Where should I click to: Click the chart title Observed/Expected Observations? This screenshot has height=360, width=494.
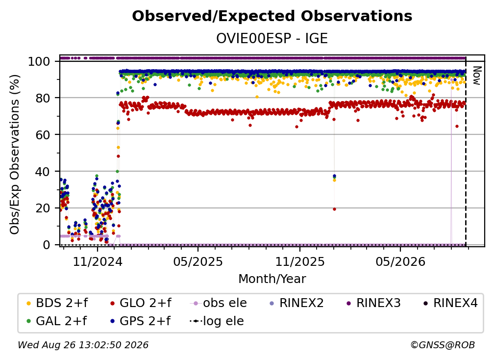click(x=272, y=16)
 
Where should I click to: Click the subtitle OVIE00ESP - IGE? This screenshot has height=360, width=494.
click(x=272, y=39)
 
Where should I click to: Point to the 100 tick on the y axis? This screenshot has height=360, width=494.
click(x=39, y=61)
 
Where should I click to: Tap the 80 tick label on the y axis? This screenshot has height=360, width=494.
click(x=43, y=98)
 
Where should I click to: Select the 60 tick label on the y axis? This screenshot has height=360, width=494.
click(x=43, y=134)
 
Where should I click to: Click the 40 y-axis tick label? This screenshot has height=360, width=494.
click(x=43, y=172)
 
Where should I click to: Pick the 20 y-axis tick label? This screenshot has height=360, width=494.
click(x=43, y=208)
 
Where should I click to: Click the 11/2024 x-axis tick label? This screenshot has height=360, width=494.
click(x=98, y=261)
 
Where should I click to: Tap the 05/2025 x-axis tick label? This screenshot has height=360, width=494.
click(x=198, y=261)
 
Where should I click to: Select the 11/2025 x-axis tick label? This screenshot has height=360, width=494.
click(x=300, y=261)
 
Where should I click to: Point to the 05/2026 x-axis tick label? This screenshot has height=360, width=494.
click(x=400, y=261)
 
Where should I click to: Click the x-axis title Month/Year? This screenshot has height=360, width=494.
click(x=272, y=279)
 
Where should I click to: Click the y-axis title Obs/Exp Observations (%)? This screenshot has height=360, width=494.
click(x=15, y=154)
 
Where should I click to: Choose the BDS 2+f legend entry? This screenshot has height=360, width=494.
click(x=57, y=303)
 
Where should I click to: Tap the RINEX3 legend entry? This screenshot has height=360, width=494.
click(x=374, y=303)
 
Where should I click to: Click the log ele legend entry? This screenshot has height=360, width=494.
click(x=217, y=321)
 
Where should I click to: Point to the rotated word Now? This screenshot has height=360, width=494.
click(x=477, y=76)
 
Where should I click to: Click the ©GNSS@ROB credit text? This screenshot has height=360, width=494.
click(x=443, y=345)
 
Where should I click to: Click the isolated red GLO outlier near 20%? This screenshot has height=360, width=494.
click(x=334, y=209)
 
